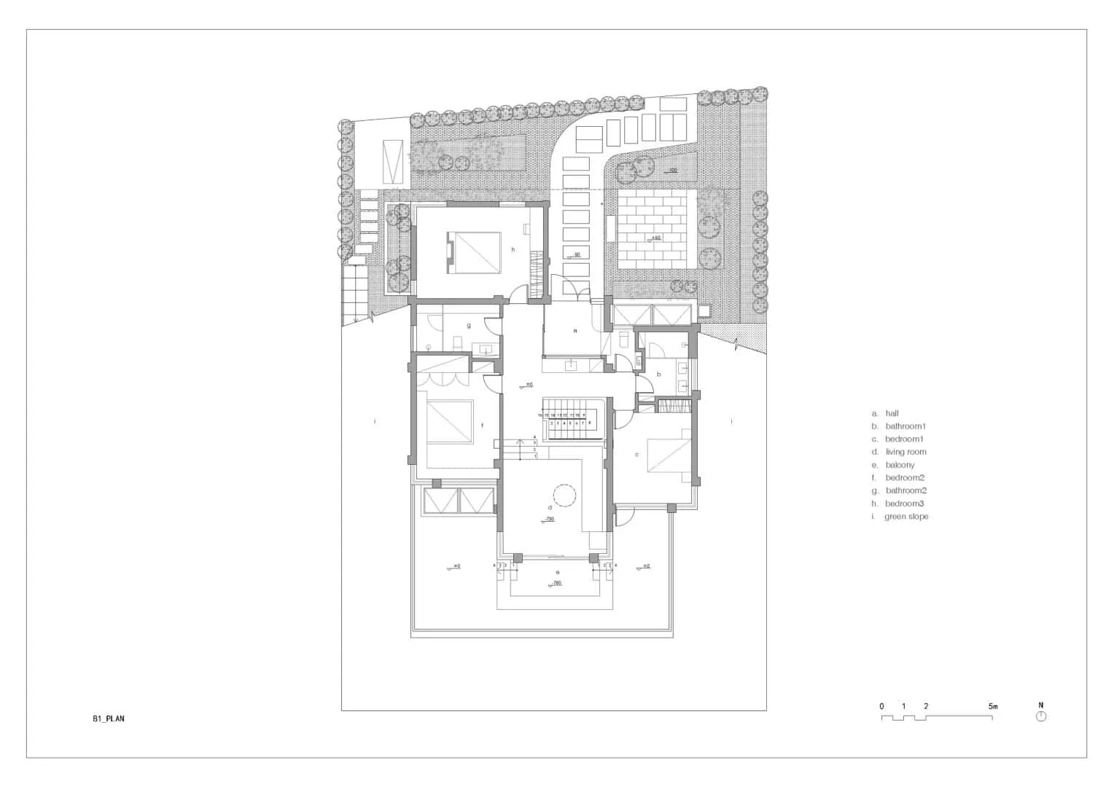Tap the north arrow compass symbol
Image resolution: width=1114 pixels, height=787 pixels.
click(1040, 716)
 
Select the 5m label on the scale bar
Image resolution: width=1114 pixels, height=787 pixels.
click(992, 706)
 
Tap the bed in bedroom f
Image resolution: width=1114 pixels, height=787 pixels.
click(448, 422)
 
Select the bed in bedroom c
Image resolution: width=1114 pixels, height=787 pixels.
click(667, 455)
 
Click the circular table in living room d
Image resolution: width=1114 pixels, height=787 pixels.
click(564, 496)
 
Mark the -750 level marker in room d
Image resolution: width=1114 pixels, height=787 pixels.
click(548, 520)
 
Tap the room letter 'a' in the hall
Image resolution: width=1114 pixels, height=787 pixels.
click(575, 331)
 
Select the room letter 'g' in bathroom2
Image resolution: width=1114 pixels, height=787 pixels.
click(469, 325)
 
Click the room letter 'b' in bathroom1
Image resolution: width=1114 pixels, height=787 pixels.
click(659, 374)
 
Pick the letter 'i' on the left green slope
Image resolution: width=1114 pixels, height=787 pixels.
click(375, 421)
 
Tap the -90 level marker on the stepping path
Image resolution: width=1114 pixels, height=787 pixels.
click(576, 255)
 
